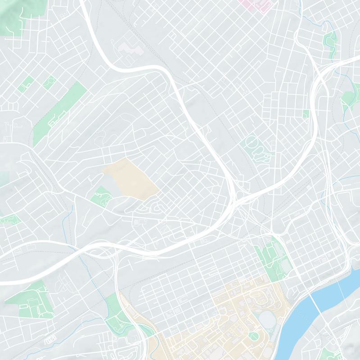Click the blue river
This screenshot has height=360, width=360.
click(x=315, y=310)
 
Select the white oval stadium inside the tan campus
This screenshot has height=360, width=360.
click(x=267, y=320)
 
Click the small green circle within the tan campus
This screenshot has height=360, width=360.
click(x=253, y=336)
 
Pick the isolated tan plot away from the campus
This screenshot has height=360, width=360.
click(x=130, y=178)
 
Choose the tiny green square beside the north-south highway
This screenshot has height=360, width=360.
click(x=306, y=114)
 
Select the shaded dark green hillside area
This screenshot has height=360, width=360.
click(x=13, y=16)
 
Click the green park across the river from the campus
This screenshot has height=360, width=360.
click(x=331, y=353)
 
